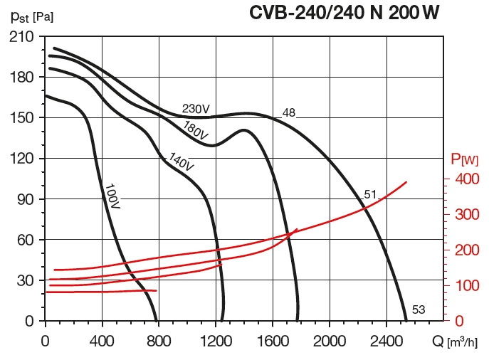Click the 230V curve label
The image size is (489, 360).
pyautogui.click(x=196, y=109)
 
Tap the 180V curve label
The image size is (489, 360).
pyautogui.click(x=195, y=131)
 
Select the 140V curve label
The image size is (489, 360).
pyautogui.click(x=181, y=162)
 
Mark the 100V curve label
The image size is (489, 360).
pyautogui.click(x=112, y=196)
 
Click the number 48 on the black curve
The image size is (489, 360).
pyautogui.click(x=288, y=112)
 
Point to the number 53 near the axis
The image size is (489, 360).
pyautogui.click(x=418, y=309)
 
